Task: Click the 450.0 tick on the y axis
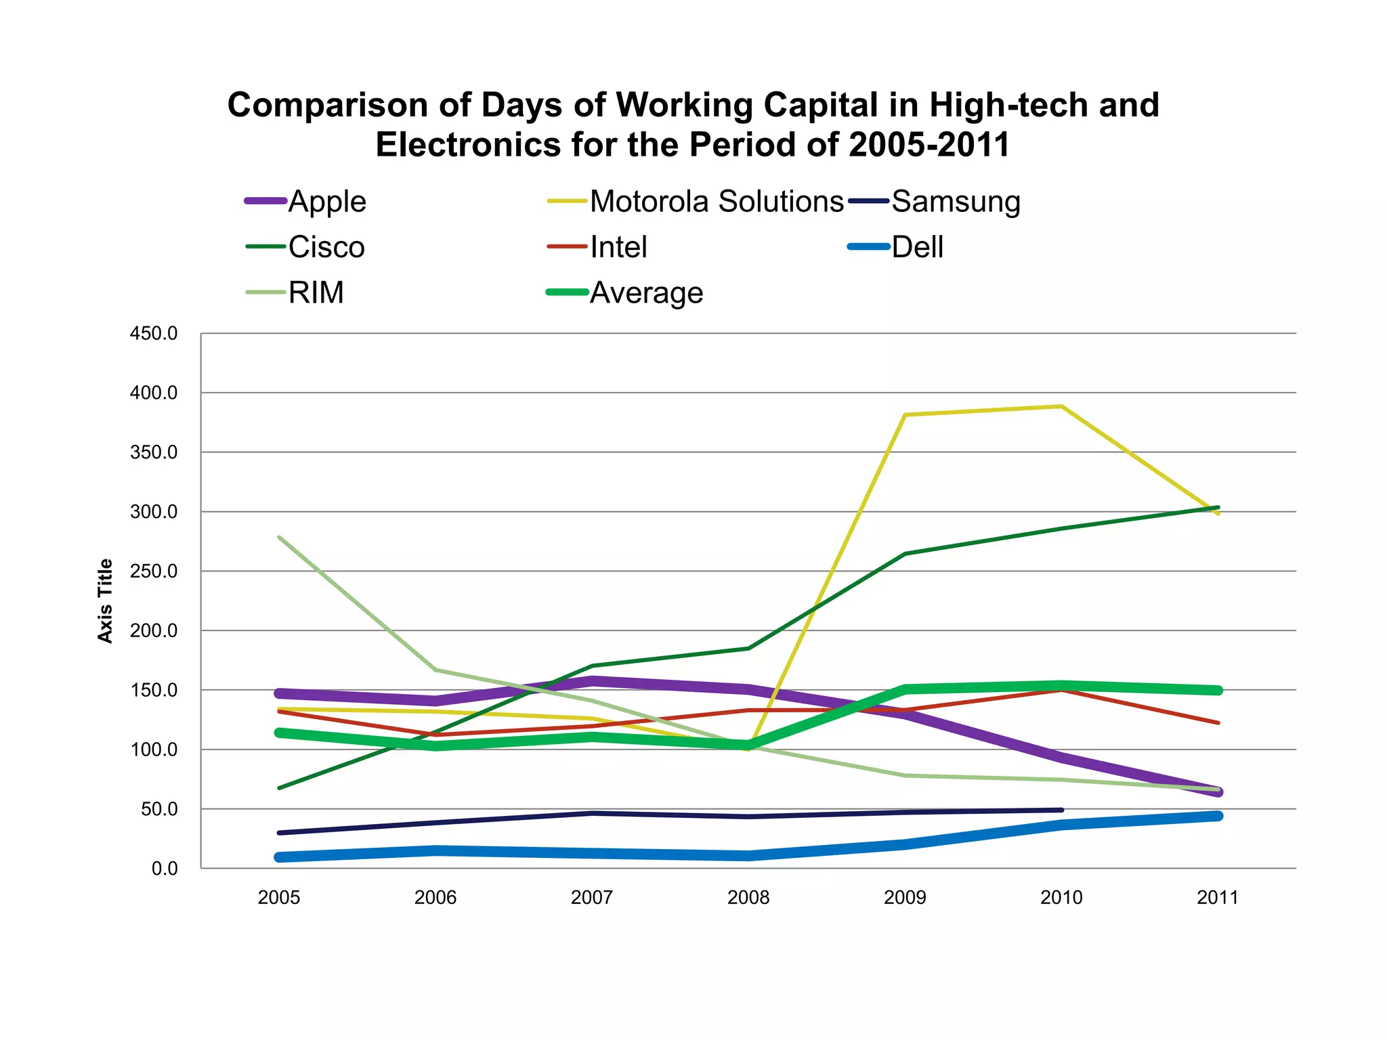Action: [154, 333]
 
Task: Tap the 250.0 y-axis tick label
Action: [154, 571]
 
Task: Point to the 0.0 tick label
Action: [164, 869]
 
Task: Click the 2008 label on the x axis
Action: [748, 898]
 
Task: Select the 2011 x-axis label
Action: [1217, 898]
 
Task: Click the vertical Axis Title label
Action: [105, 601]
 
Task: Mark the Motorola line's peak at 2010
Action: [1061, 406]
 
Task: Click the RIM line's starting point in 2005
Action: [280, 537]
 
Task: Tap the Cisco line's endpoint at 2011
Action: [1218, 507]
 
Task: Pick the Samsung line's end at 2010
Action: [1061, 810]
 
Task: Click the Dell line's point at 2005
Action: [280, 857]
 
